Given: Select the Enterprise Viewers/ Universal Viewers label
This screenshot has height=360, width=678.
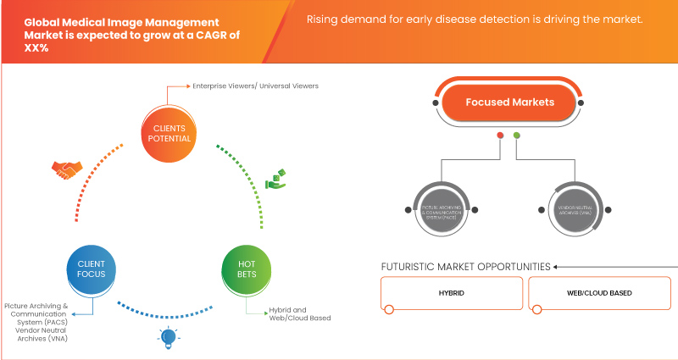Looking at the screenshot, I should coord(245,86).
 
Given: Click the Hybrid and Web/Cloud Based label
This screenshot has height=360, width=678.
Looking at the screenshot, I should coord(298,313).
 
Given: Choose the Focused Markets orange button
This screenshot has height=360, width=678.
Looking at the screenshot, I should coord(509,102).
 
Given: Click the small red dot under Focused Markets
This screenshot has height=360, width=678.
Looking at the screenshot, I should coord(501,135).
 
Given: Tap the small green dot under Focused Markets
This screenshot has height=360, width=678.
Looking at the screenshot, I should coord(517,135).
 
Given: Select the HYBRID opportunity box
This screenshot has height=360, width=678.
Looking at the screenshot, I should coord(450,293).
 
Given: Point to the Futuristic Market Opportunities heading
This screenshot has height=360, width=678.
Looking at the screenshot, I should coord(465,266).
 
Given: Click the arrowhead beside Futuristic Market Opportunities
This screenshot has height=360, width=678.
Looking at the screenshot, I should coord(557,266).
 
